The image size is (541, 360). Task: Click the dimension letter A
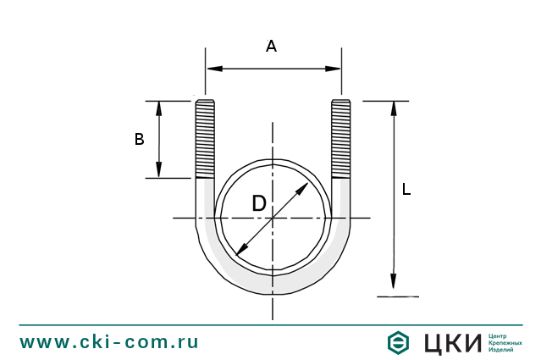pos(271,47)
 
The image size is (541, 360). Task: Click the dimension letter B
pos(140,140)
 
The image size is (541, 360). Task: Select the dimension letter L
pos(406,191)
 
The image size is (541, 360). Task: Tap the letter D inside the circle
pos(259,204)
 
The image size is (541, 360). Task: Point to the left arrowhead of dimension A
pos(213,68)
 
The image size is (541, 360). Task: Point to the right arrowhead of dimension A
pos(334,68)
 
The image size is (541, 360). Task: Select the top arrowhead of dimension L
pos(393,108)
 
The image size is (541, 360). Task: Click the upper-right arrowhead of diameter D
pos(304,186)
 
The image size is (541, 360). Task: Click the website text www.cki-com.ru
pos(109,342)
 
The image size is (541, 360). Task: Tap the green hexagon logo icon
pos(397,342)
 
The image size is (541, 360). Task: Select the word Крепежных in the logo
pos(505,342)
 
